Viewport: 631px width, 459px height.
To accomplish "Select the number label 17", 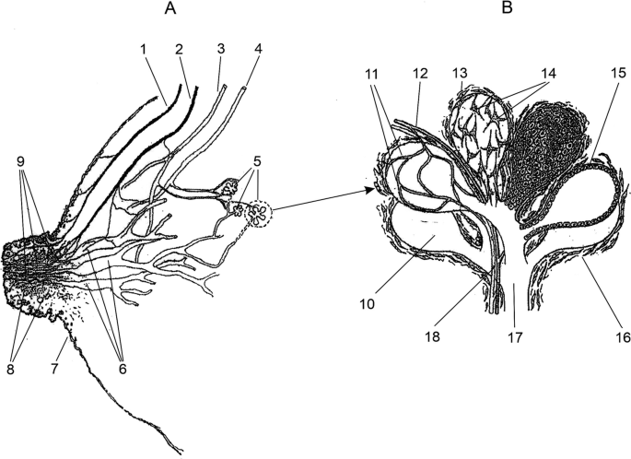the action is coord(517,338).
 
